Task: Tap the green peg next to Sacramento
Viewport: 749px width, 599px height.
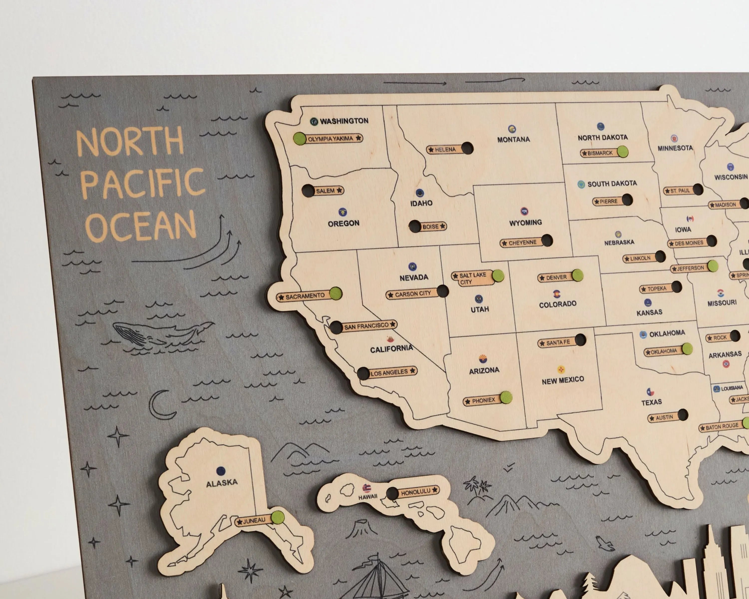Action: coord(336,294)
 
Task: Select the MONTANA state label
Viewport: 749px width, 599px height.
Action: coord(514,140)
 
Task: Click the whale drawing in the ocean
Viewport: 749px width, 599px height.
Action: coord(160,334)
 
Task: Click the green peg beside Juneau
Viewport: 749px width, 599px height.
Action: coord(278,517)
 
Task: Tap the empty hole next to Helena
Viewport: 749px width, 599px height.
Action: coord(467,148)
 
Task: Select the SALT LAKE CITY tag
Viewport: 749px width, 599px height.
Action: coord(472,278)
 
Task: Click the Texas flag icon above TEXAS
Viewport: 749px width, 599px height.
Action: coord(650,392)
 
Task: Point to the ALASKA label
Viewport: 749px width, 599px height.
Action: coord(222,483)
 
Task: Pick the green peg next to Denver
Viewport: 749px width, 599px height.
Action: coord(577,275)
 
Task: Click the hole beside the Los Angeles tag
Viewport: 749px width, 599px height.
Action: coord(363,374)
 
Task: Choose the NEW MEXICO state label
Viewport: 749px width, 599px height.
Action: coord(562,380)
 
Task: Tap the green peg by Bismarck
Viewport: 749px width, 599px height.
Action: coord(623,152)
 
